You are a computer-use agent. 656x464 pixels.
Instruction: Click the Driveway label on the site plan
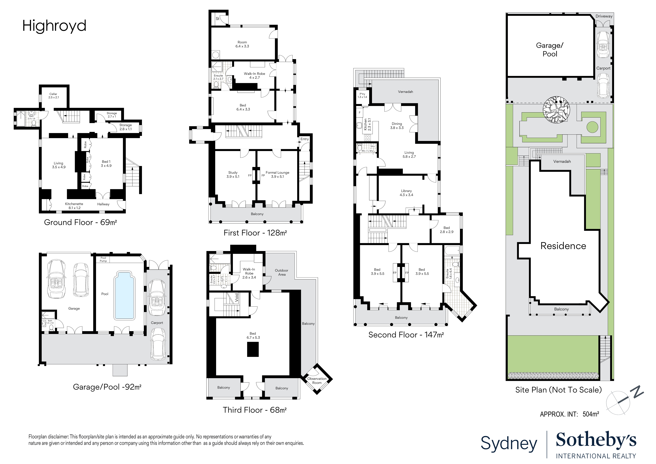click(x=604, y=16)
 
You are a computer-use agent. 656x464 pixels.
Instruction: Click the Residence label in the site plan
click(x=563, y=246)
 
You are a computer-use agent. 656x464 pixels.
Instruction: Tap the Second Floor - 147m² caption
click(x=406, y=335)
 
